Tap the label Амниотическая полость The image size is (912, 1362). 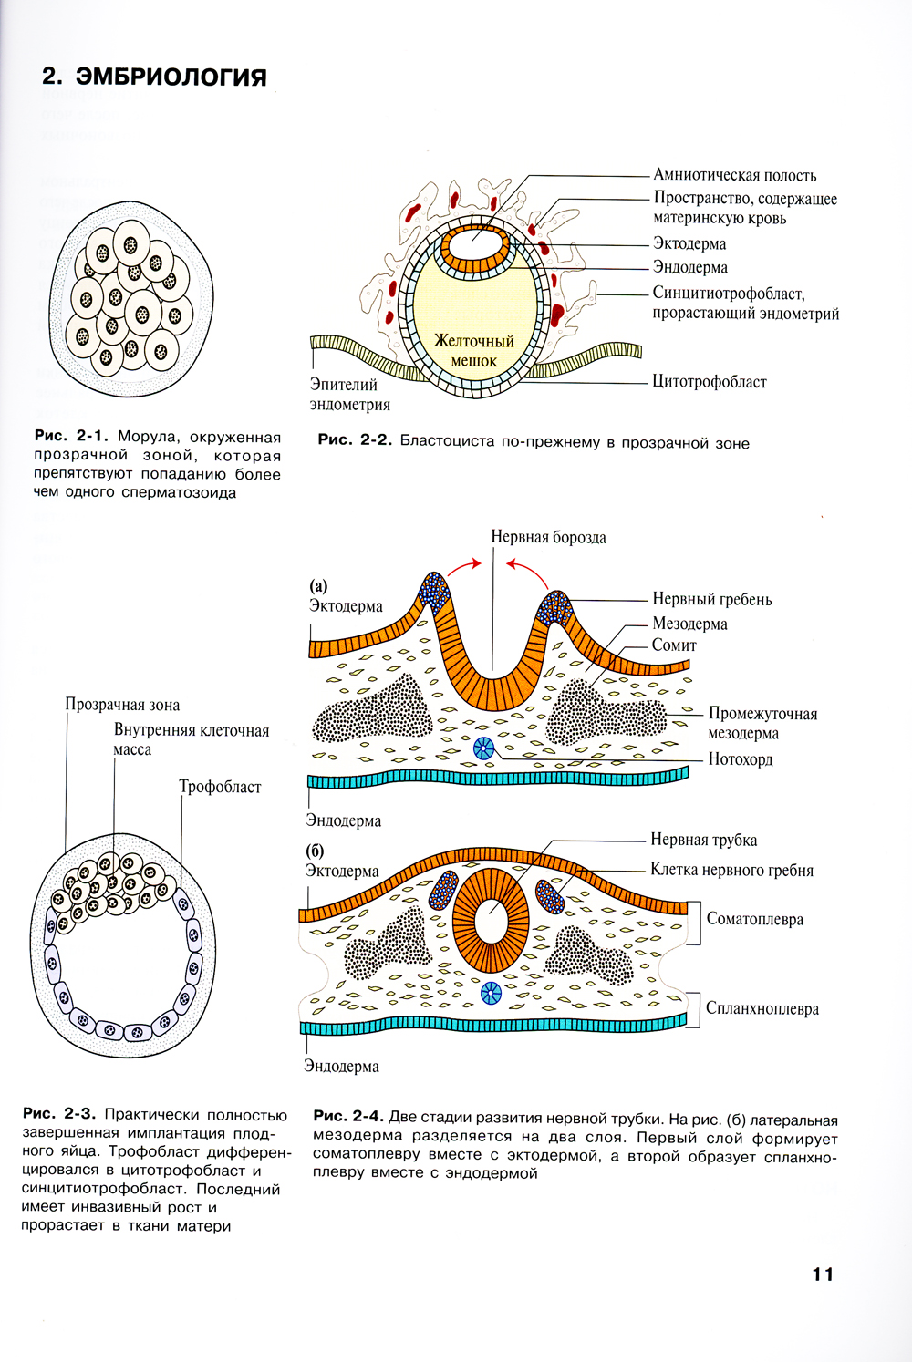click(x=734, y=175)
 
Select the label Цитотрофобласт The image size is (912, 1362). click(x=709, y=382)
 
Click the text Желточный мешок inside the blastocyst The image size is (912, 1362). click(x=474, y=350)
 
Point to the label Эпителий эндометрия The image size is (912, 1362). click(x=349, y=395)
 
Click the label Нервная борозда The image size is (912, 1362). click(x=548, y=537)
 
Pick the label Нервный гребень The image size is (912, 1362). click(x=711, y=599)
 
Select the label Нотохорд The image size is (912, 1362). click(x=740, y=758)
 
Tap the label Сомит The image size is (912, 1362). click(x=674, y=645)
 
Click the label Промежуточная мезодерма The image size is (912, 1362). click(x=762, y=723)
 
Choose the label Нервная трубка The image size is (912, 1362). click(x=703, y=840)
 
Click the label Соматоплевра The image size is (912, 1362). click(x=755, y=918)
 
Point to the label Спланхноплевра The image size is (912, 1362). click(x=762, y=1008)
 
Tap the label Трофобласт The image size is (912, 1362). click(x=220, y=787)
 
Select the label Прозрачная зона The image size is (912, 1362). click(x=122, y=705)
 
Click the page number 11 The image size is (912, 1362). click(x=823, y=1274)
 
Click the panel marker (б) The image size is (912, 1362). click(x=315, y=851)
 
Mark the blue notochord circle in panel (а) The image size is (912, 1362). click(x=483, y=749)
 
